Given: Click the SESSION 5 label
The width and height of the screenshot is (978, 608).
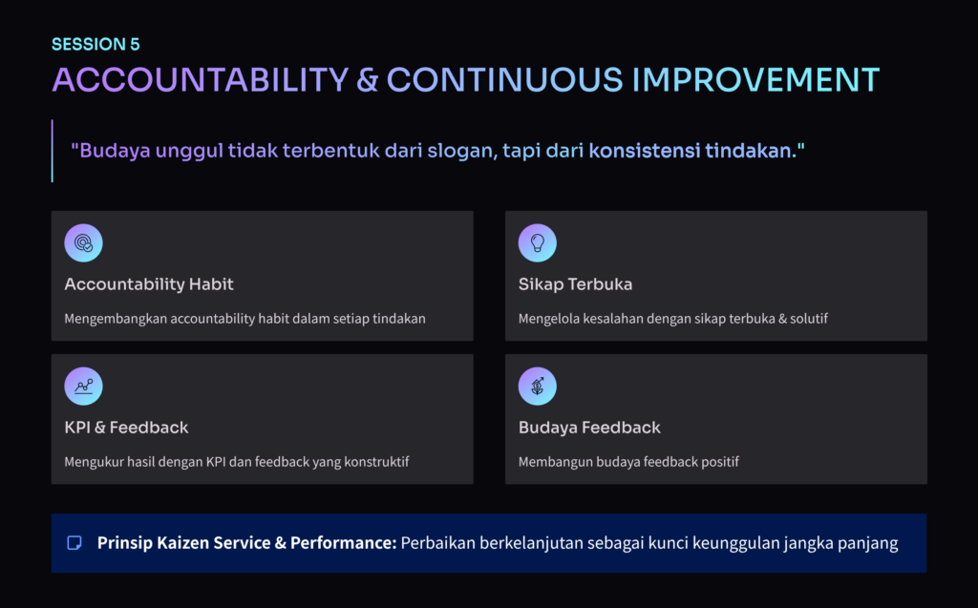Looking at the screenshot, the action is [x=96, y=44].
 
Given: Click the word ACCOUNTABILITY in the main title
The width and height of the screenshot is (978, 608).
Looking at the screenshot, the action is [x=201, y=80].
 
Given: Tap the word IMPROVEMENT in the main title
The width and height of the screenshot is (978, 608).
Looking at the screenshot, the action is [x=755, y=80].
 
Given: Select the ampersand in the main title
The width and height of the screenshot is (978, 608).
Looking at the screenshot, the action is [x=368, y=80].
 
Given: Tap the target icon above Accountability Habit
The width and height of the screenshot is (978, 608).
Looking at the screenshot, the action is [x=84, y=242].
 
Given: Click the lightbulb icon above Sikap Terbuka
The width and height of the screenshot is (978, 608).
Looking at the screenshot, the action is [x=537, y=242].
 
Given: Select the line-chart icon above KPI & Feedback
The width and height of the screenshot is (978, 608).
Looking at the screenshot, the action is [x=84, y=386].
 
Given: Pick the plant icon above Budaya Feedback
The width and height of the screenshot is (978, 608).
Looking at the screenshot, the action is [x=537, y=386].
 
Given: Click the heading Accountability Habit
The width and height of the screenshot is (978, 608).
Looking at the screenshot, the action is [x=148, y=284].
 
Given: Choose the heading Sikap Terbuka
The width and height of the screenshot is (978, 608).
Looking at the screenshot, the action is [x=575, y=284].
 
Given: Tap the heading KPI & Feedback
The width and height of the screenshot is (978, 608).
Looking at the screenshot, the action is [x=126, y=428].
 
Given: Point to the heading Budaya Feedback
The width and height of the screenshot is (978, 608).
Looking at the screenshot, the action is [x=589, y=428].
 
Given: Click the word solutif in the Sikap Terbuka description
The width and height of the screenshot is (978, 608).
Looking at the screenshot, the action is [x=808, y=318].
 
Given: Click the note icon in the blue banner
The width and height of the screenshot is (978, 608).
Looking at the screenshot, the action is [x=74, y=542].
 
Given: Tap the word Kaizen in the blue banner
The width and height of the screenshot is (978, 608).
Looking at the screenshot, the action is [x=182, y=542].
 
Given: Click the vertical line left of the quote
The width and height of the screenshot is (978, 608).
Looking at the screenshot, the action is [x=53, y=151].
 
